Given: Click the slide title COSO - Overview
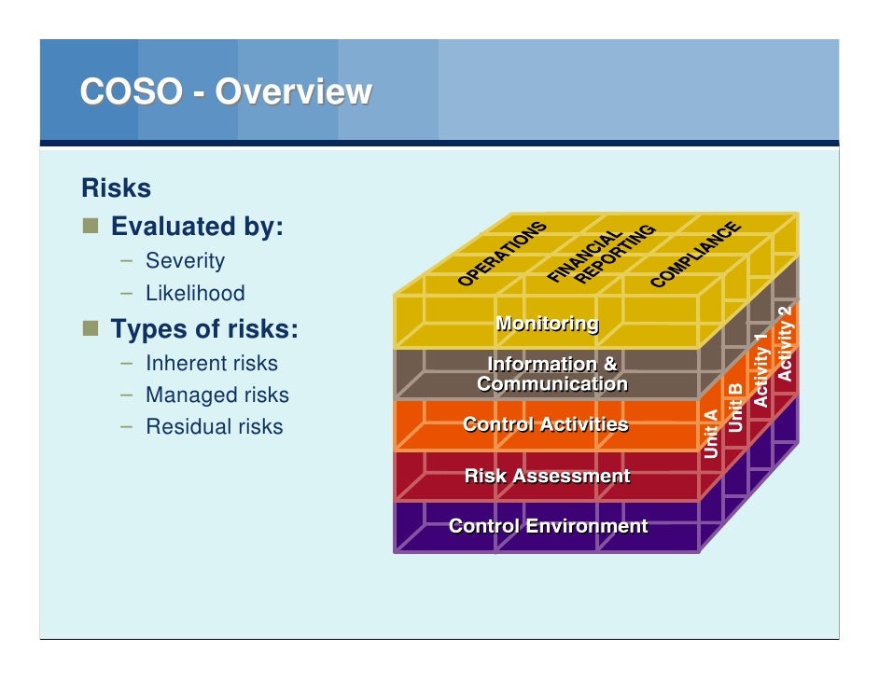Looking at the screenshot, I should coord(226,92).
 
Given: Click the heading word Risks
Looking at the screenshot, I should coord(116,188).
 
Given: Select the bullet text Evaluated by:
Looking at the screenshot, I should coord(197,227).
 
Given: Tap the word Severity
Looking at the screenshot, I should coord(185,261).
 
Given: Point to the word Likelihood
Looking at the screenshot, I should coord(195,293).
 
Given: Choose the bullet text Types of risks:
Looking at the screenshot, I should coord(204,329).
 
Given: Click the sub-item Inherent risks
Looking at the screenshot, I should coord(211,363).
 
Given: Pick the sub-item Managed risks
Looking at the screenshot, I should coord(216,395).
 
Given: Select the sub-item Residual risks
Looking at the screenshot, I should coord(214,426).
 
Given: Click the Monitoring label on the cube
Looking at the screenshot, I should coord(547,324).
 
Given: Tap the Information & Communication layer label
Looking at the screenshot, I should coord(551,374).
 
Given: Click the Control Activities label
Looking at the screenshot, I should coord(546,425).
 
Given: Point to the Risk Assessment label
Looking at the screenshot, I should coord(547,477).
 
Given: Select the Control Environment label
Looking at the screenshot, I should coord(548,526).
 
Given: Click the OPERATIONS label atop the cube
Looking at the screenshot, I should coord(502,255).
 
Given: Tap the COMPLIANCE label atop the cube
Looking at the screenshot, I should coord(695,255).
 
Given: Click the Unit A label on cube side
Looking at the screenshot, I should coord(711,434).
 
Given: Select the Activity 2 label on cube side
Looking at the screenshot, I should coord(785,342).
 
